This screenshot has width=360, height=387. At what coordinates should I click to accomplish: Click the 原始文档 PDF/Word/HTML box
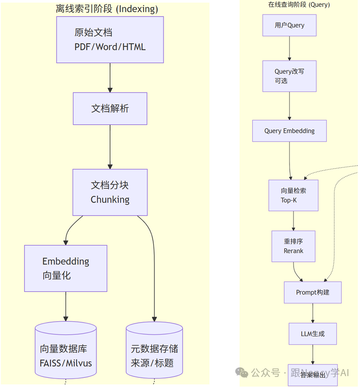[110, 40]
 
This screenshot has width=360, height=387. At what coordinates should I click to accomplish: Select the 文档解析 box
[110, 109]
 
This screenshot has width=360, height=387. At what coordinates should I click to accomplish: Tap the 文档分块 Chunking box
[110, 192]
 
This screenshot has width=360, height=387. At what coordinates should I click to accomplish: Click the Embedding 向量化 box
[65, 268]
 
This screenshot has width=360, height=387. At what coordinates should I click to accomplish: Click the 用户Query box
[289, 25]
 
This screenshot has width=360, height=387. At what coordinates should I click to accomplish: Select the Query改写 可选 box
[289, 76]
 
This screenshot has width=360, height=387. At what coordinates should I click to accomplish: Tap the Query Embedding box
[289, 131]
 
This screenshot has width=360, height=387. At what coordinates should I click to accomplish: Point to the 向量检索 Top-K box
[293, 195]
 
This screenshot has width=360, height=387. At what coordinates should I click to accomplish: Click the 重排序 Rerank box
[293, 246]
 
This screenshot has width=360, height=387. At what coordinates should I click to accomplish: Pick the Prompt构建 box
[312, 292]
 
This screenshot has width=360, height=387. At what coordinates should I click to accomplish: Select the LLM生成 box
[312, 334]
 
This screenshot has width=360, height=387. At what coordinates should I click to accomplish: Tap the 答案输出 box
[312, 374]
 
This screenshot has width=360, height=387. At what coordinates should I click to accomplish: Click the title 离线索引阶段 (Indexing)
[107, 9]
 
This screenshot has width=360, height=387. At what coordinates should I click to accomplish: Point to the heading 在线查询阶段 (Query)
[299, 4]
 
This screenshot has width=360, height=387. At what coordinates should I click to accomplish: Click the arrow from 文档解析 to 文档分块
[110, 146]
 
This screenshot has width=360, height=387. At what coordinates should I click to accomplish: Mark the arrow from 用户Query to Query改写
[289, 48]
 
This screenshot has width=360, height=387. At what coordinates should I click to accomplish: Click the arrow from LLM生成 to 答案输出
[312, 354]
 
